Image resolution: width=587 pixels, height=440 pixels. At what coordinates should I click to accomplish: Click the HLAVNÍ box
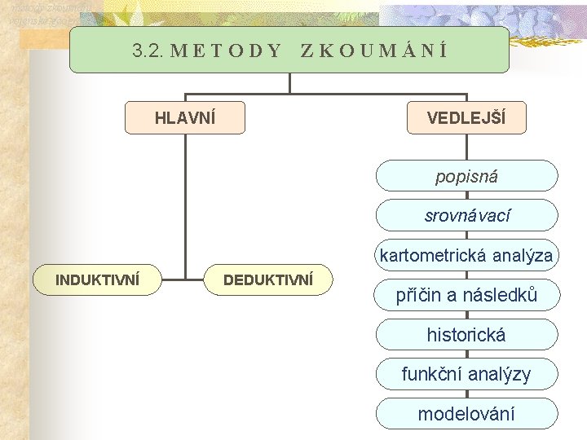tap(185, 117)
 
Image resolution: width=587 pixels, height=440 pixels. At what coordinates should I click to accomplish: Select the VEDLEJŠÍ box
tap(466, 117)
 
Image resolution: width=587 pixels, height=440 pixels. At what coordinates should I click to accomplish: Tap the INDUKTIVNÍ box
tap(97, 279)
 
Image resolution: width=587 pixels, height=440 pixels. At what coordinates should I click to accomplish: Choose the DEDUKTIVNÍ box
tap(268, 279)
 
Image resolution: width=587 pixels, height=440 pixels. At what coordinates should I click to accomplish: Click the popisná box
tap(466, 176)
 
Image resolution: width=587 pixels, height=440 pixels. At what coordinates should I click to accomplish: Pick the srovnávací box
tap(466, 216)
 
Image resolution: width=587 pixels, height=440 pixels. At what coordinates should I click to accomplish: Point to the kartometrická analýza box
tap(466, 256)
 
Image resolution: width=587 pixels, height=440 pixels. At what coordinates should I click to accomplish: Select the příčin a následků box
tap(466, 295)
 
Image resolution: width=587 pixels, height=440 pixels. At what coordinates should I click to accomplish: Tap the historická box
tap(466, 335)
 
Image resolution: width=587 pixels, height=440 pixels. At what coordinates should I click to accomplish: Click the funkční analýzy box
tap(466, 375)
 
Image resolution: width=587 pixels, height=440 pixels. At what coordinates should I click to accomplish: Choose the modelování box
tap(466, 414)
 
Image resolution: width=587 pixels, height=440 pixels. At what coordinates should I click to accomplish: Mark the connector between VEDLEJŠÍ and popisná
tap(466, 147)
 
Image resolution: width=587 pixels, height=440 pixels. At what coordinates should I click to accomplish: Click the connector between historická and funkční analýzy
tap(466, 354)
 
